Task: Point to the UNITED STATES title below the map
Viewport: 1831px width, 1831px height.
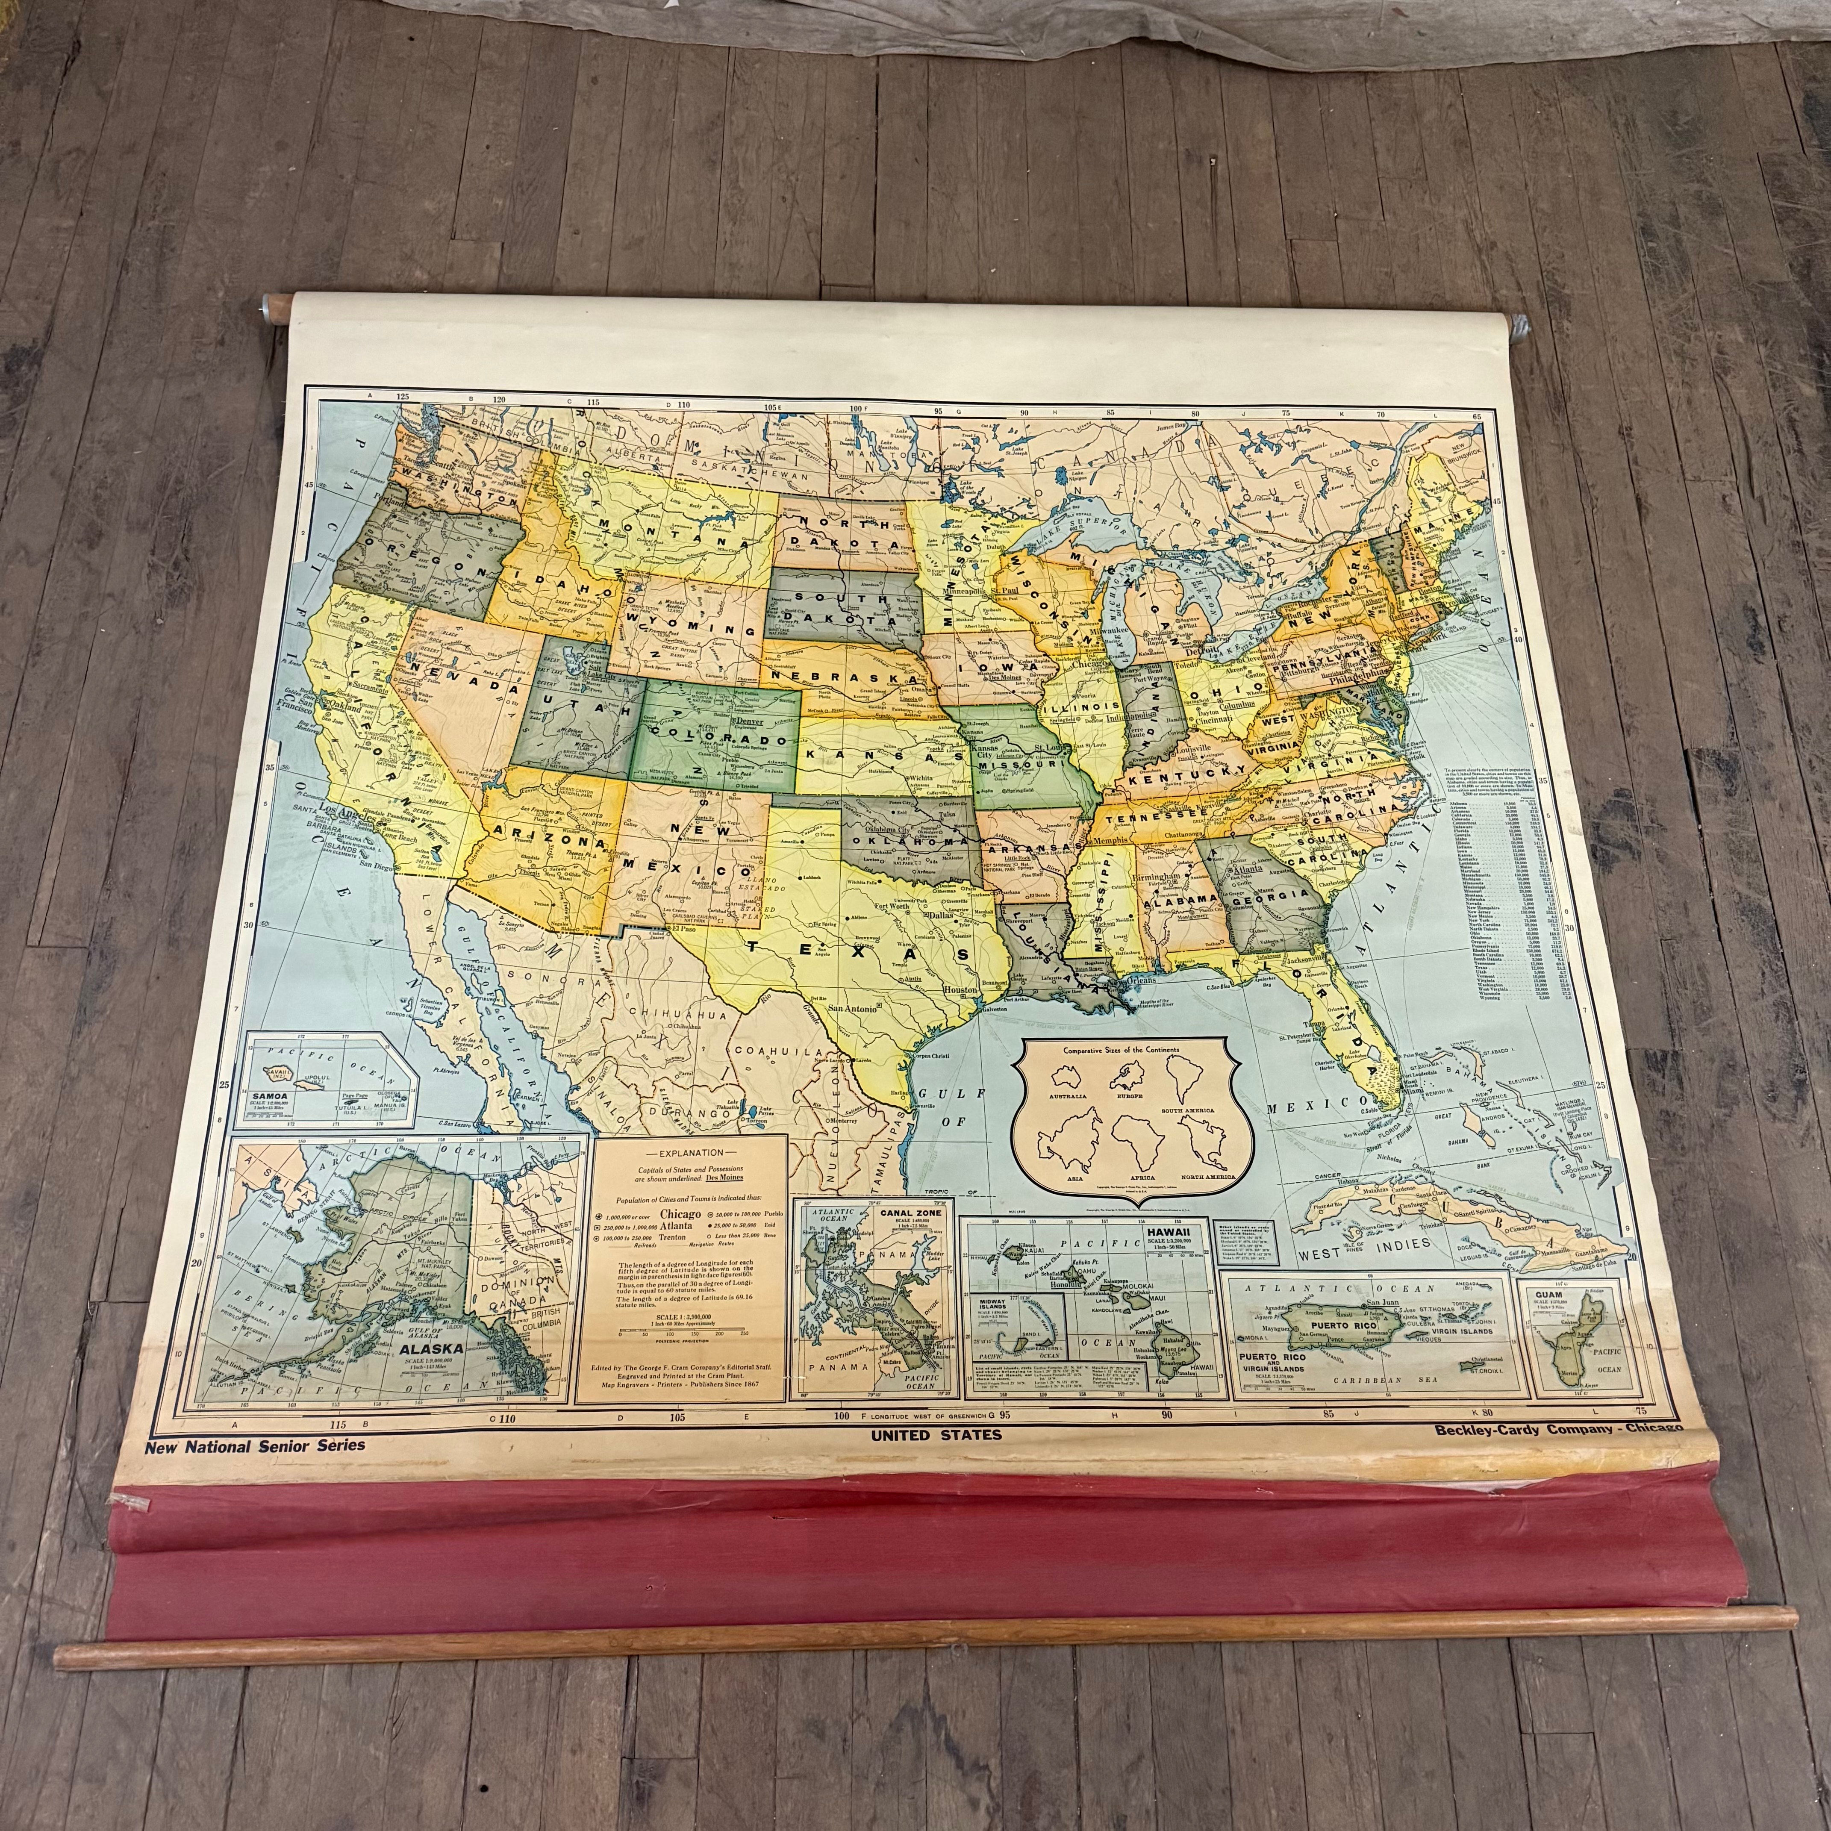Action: tap(936, 1435)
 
